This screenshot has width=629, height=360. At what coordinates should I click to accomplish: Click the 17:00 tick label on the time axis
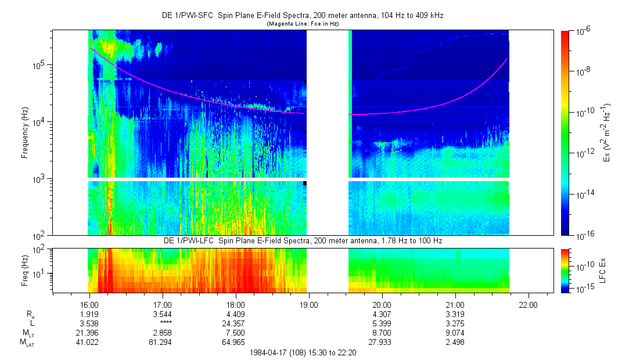(x=162, y=304)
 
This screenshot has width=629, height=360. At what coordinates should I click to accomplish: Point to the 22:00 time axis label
(x=528, y=304)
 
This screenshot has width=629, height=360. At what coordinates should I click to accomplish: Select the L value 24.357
(x=235, y=324)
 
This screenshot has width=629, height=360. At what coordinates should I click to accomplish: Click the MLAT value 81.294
(x=162, y=344)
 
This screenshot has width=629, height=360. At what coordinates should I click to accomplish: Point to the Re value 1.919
(x=89, y=314)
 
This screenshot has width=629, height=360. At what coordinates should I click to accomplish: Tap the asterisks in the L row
(x=162, y=325)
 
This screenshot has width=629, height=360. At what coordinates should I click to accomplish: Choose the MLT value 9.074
(x=455, y=334)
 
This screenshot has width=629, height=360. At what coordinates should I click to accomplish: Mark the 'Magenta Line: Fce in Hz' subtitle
(x=303, y=24)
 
